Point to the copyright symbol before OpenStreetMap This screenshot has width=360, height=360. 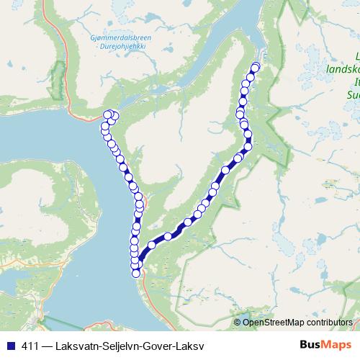[x=238, y=322]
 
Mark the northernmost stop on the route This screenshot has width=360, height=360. [x=255, y=67]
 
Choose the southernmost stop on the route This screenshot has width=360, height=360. [x=135, y=271]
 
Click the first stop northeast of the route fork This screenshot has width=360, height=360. [x=151, y=245]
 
